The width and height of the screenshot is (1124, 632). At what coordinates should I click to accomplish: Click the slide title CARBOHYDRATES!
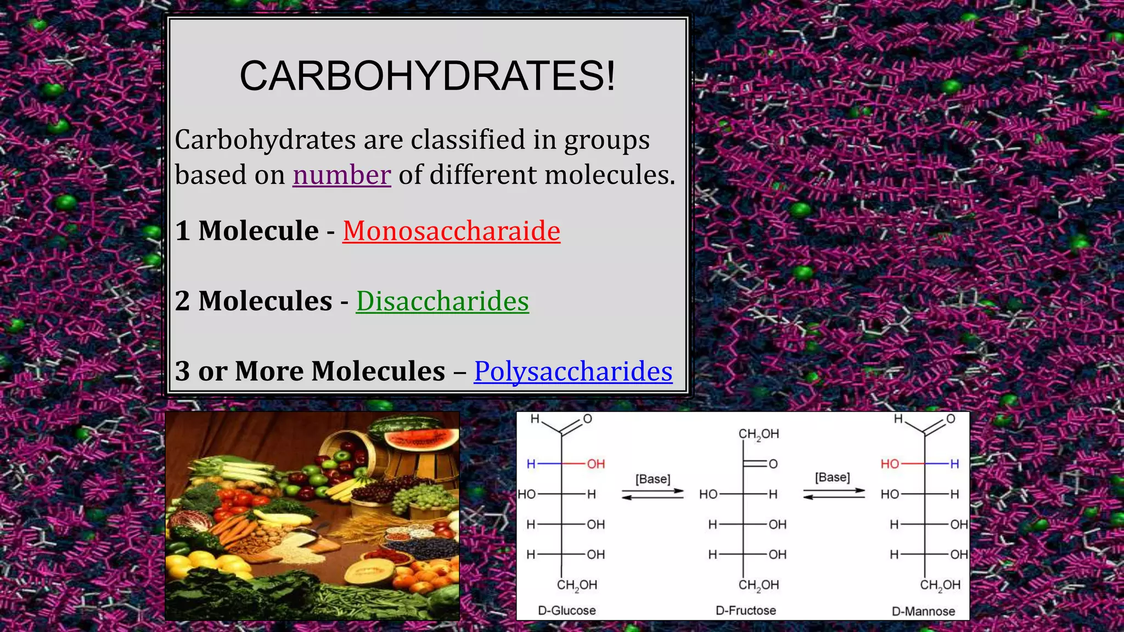coord(428,76)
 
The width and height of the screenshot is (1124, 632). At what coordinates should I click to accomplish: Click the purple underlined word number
coord(341,175)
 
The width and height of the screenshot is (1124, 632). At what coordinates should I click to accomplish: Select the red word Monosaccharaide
coord(451,230)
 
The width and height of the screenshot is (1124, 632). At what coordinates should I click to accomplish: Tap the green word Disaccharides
coord(442,301)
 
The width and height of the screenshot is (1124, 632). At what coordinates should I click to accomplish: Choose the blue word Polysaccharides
coord(573,371)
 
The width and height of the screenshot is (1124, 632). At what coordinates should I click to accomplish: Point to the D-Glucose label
coord(566,610)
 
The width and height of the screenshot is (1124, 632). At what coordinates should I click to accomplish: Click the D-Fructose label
coord(745,610)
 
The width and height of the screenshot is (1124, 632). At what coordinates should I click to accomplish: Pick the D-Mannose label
coord(923,611)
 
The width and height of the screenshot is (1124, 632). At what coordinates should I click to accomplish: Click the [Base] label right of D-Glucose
coord(653,479)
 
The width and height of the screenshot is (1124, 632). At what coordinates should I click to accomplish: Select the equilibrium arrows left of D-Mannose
coord(834,494)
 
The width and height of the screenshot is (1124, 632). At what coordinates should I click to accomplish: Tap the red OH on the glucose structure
coord(595,464)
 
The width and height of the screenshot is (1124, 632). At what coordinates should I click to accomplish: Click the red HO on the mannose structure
coord(890,464)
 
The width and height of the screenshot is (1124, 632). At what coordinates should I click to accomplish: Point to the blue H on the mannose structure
coord(954,464)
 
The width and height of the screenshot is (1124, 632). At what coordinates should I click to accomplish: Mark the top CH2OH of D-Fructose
coord(758,434)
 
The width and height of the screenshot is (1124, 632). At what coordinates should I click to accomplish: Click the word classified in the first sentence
coord(469,139)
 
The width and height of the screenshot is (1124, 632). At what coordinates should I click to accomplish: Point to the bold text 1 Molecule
coord(247,230)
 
